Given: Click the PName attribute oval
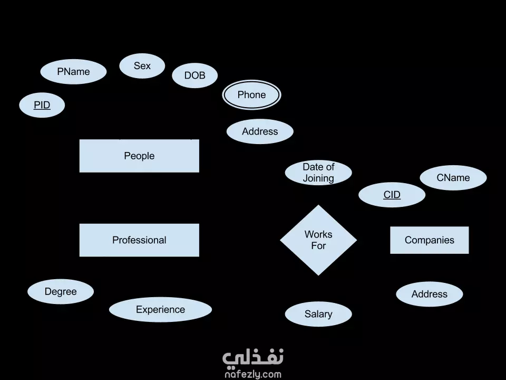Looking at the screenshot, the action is coord(73,71).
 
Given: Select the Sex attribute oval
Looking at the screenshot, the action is coord(142,65).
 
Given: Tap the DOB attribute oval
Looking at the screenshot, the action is coord(194,75).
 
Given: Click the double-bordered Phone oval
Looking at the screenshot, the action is coord(252,94).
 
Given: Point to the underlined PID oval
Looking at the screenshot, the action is coord(42,105).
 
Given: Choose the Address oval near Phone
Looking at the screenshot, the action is coord(260,131).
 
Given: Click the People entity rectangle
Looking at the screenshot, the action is coord(139,156).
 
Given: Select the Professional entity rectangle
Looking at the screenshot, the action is coord(139,240).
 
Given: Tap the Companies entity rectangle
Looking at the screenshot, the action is coord(429,240).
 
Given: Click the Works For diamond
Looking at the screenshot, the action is coord(318,240).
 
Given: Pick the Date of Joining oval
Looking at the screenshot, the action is coord(318,173).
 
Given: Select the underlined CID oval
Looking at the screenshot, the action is coord(392,195).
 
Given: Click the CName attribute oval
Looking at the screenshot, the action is coord(453,178).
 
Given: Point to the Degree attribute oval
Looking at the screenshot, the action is coord(61,291).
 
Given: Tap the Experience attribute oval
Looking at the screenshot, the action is coord(160,310).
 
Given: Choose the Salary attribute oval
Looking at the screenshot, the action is coord(318,314).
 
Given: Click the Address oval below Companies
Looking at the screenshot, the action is coord(429,294).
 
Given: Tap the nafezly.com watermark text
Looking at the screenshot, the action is coord(253,375).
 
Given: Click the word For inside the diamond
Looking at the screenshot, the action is coord(318,245).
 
